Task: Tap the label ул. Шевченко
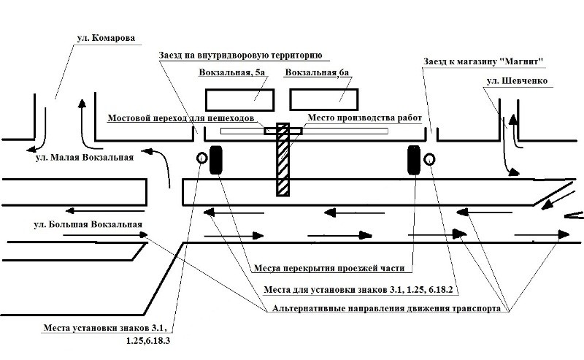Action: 515,80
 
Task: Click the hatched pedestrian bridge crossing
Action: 283,161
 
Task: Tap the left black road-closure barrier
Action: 217,160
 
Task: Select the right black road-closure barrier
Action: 413,160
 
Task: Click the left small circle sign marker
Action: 201,158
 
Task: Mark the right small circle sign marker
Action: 429,158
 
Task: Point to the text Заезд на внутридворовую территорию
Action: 240,55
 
